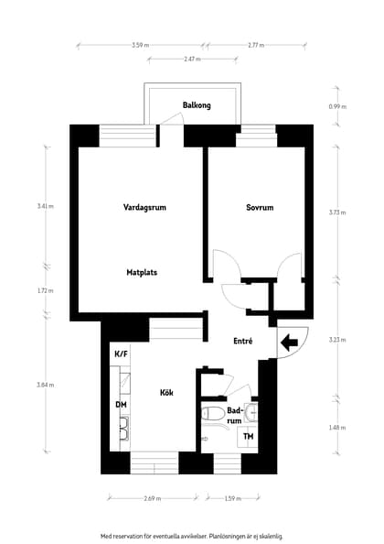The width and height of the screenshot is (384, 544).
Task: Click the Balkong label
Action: (x=197, y=105)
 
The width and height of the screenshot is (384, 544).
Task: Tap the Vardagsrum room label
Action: (x=144, y=208)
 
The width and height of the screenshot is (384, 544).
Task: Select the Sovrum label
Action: (x=260, y=208)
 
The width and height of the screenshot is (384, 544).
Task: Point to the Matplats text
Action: (x=142, y=272)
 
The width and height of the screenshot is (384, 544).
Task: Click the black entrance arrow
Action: (x=290, y=343)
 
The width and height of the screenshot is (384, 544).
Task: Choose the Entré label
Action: (x=242, y=341)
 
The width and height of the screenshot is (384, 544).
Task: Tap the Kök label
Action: (x=166, y=393)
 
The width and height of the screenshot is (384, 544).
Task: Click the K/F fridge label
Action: (x=121, y=354)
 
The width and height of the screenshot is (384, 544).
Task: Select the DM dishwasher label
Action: (x=121, y=405)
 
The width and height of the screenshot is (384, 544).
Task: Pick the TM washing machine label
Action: (x=249, y=437)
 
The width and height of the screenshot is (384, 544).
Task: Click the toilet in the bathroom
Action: (x=212, y=414)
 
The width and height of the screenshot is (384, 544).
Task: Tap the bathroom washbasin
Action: (x=251, y=413)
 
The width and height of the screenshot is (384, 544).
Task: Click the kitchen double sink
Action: (x=124, y=428)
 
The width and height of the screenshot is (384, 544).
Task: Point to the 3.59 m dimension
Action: (x=140, y=45)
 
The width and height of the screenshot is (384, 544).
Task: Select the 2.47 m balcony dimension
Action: (x=192, y=59)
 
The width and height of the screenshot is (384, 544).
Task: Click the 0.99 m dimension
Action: (x=337, y=107)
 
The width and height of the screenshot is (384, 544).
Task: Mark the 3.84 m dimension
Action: (x=46, y=385)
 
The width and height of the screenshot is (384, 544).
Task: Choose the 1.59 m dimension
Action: (x=232, y=498)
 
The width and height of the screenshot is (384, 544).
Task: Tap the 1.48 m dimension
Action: (x=337, y=428)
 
